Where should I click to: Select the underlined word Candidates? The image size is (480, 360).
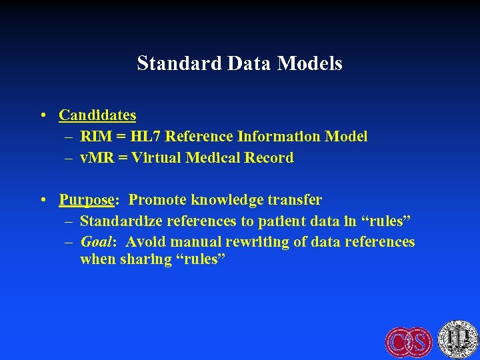(x=97, y=115)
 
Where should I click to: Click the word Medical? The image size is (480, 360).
(x=213, y=158)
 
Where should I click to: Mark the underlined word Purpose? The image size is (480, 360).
(x=85, y=200)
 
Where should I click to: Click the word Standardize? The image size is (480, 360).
(x=122, y=221)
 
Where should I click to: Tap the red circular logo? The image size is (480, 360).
(x=409, y=341)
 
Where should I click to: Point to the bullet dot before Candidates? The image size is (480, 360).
(x=43, y=115)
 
